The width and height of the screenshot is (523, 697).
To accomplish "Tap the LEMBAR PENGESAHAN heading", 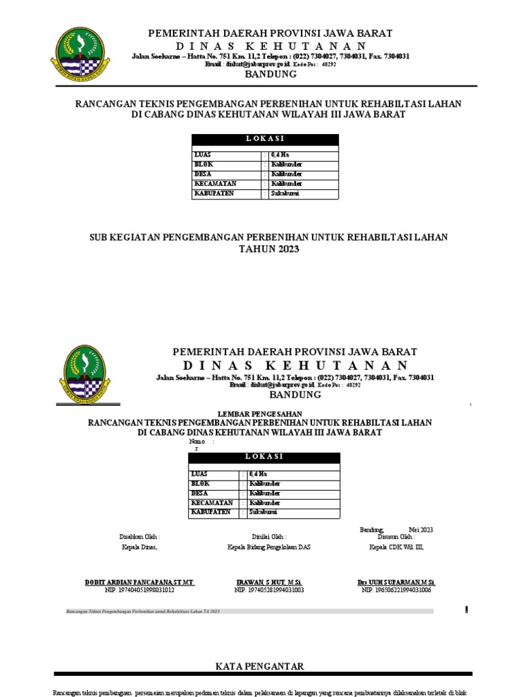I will click(x=259, y=414).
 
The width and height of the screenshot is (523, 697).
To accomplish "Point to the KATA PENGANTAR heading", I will click(x=260, y=666).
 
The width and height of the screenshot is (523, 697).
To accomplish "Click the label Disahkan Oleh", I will click(x=140, y=537).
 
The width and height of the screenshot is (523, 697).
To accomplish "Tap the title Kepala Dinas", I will click(x=140, y=547).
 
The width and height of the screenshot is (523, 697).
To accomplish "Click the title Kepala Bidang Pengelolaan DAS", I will click(x=268, y=547).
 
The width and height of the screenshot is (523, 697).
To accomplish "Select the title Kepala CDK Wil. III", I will click(x=396, y=547).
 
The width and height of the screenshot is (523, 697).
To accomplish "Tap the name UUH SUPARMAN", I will click(x=396, y=583).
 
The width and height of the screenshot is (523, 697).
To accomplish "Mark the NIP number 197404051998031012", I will click(x=140, y=590).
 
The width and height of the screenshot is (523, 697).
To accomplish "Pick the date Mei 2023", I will click(x=421, y=530).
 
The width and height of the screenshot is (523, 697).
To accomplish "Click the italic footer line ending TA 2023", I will click(x=143, y=612).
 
